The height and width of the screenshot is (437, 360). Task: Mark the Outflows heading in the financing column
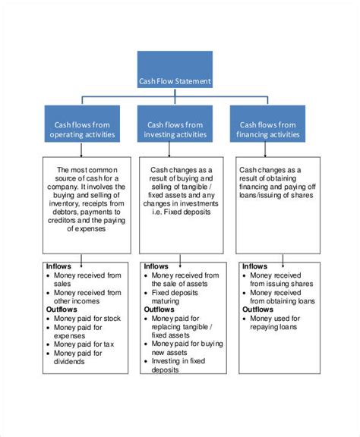pyautogui.click(x=257, y=310)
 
